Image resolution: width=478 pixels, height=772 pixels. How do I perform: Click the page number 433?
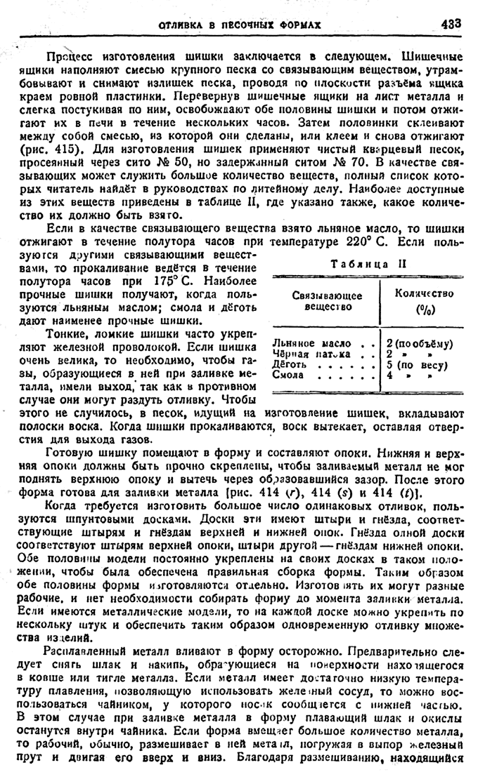(x=451, y=22)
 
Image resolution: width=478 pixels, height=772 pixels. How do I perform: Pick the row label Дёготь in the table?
(x=288, y=364)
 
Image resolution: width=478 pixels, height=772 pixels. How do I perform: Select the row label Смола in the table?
(x=286, y=375)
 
